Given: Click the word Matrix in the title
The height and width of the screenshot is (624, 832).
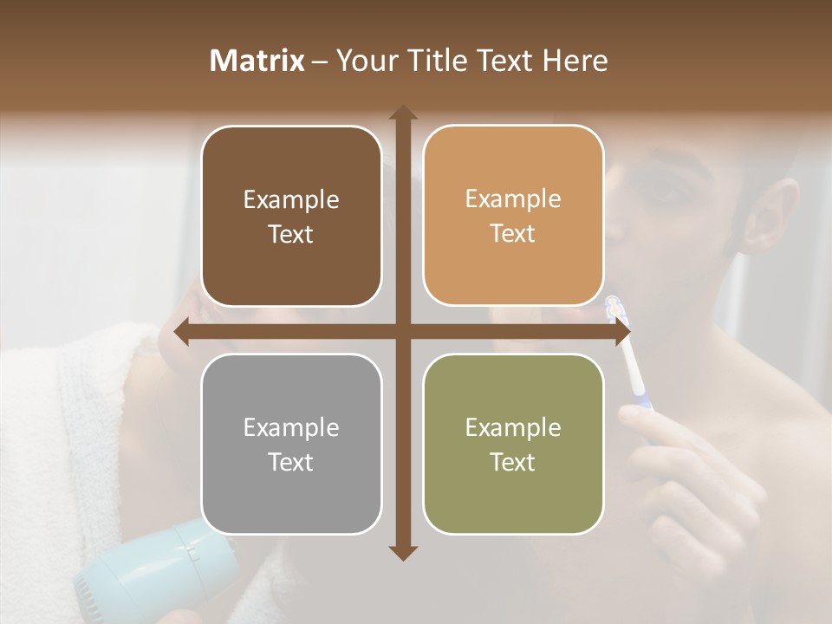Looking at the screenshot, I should [257, 61].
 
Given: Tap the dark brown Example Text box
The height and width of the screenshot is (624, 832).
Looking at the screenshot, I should [291, 216].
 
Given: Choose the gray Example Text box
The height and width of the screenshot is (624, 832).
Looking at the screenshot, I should [291, 444].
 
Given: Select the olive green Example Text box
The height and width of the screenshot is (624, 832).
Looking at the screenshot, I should [513, 444].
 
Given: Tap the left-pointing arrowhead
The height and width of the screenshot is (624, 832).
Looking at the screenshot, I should [181, 332].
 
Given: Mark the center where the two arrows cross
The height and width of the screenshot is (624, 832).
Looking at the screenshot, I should [402, 332].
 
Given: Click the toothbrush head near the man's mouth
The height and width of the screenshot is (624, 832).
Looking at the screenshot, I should [614, 307].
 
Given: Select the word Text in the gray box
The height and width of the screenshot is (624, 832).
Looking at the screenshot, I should [291, 462].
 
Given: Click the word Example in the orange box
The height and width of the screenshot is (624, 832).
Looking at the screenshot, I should [513, 198].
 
